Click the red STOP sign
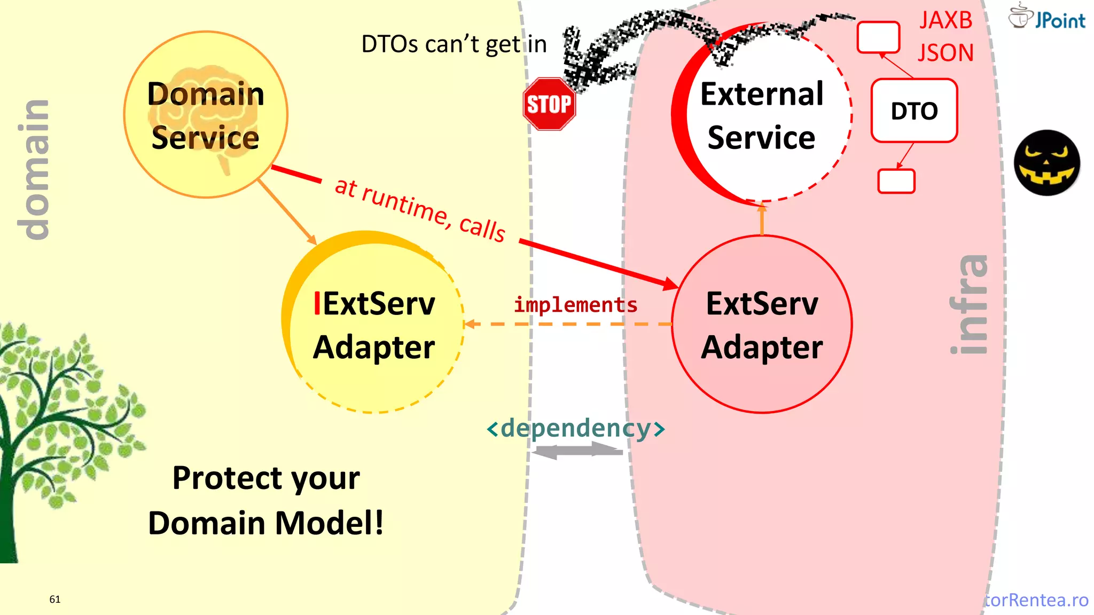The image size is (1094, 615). tap(549, 104)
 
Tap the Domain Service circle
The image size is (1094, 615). tap(206, 115)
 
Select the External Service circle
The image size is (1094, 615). tap(762, 115)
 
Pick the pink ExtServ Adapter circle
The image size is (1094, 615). tap(762, 325)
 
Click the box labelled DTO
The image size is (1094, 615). tap(914, 111)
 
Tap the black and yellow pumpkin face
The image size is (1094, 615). tap(1047, 163)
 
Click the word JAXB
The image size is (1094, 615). tap(945, 20)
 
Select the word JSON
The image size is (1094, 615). tap(945, 53)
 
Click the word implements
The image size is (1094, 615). tap(575, 305)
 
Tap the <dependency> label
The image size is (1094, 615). tap(575, 428)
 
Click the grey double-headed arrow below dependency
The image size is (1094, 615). tap(577, 452)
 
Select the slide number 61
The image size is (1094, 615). tap(55, 599)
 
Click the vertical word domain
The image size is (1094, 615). tap(33, 170)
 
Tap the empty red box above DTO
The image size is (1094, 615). tap(878, 37)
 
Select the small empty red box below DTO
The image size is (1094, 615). tap(896, 181)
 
